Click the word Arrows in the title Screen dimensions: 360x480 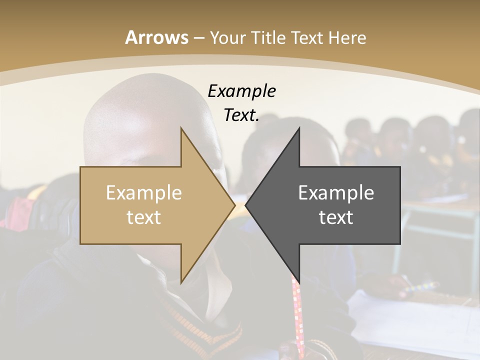(156, 37)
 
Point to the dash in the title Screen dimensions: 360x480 (198, 38)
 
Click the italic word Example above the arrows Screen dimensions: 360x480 (241, 91)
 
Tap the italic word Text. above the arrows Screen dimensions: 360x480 (241, 115)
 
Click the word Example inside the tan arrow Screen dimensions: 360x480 (143, 193)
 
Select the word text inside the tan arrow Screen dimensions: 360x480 (143, 217)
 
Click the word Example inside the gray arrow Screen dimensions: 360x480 (336, 193)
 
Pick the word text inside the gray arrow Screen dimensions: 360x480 (336, 217)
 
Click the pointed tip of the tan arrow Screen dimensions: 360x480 (234, 205)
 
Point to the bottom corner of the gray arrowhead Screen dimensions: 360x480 (299, 281)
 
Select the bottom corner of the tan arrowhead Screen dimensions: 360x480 (181, 282)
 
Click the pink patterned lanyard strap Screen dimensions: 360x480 (298, 315)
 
